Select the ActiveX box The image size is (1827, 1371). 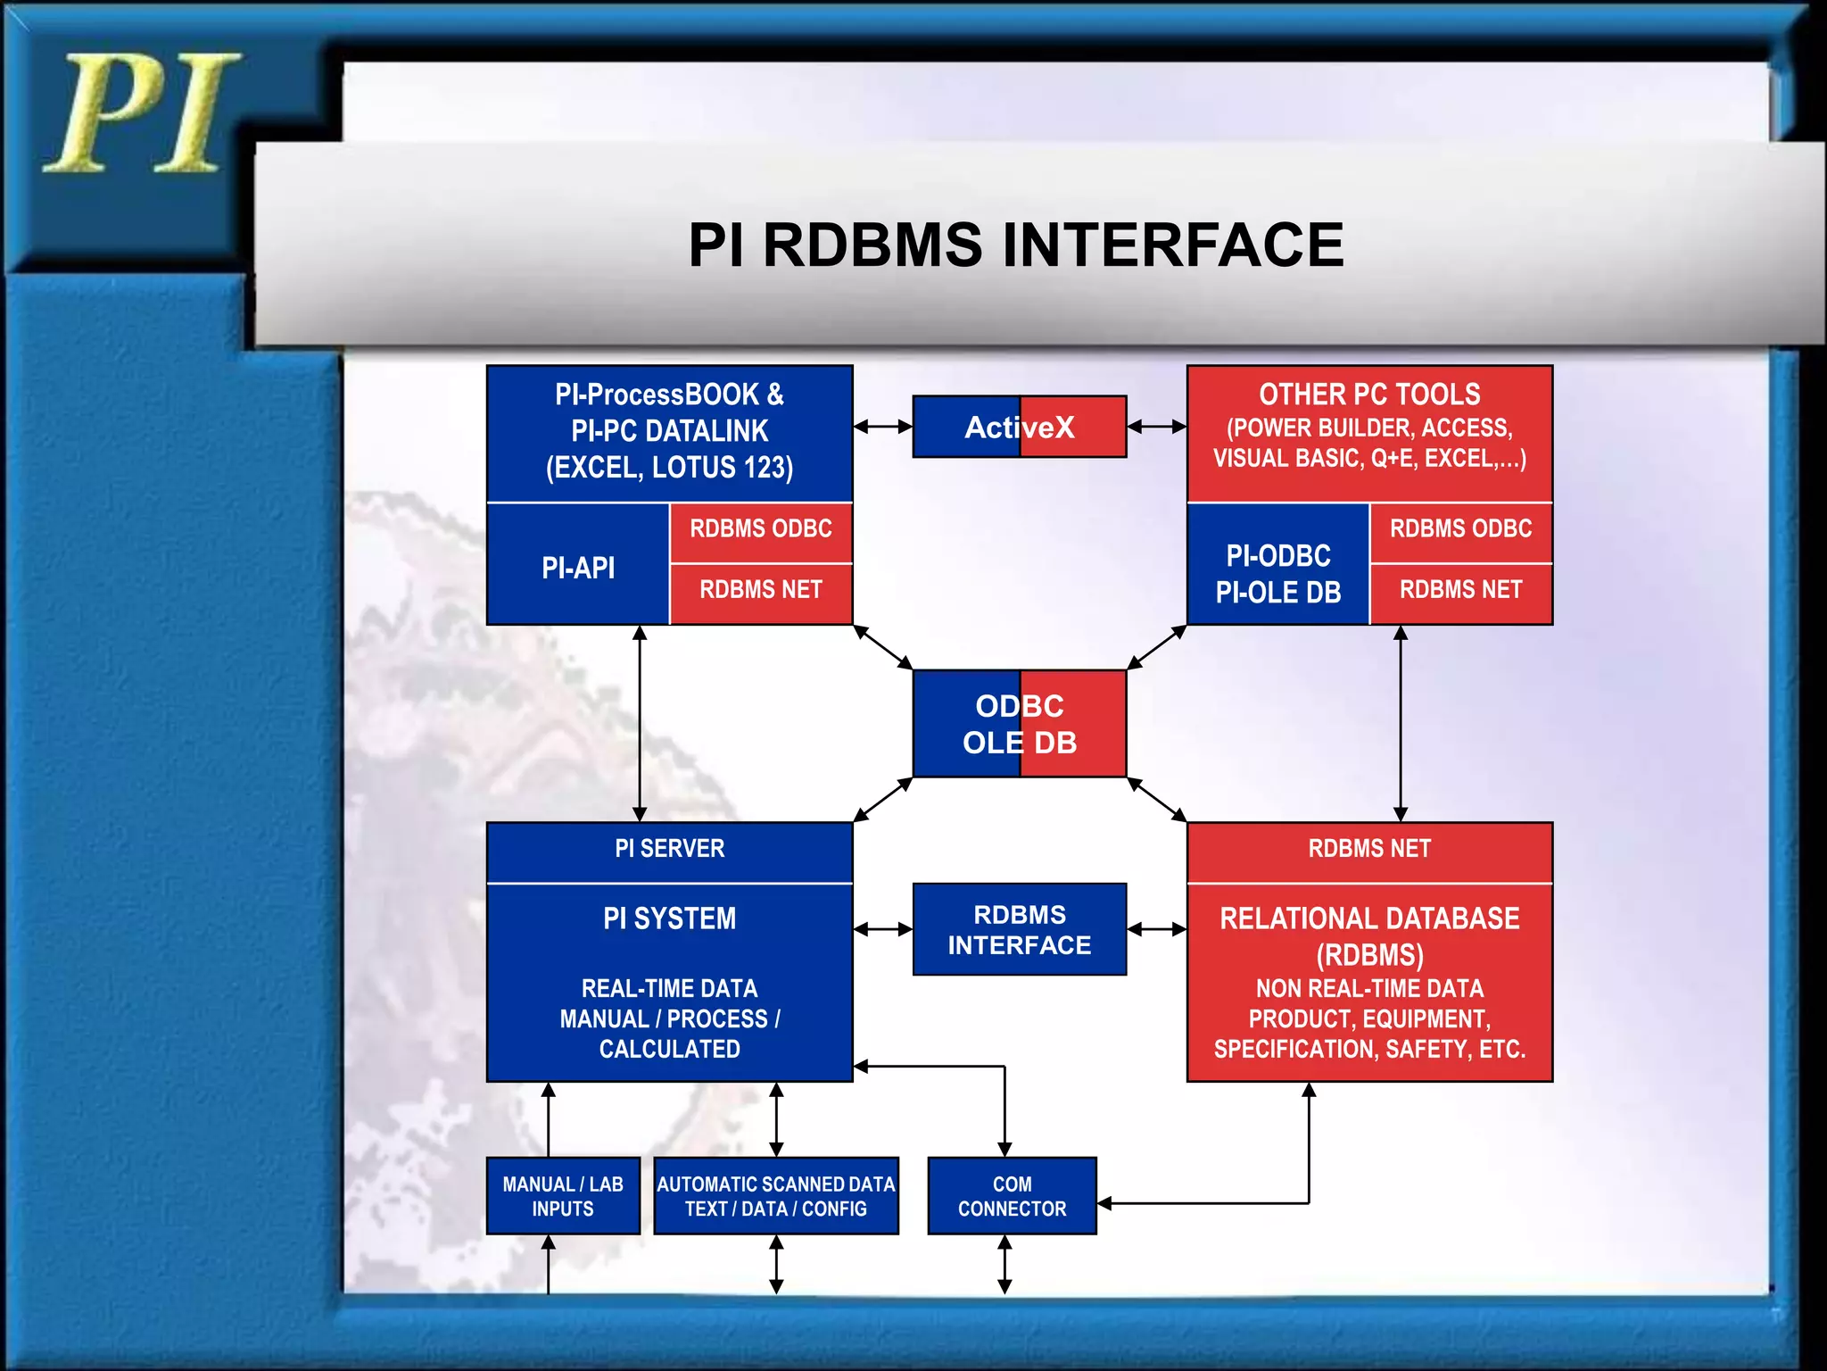[1019, 428]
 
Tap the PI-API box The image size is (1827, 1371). [578, 568]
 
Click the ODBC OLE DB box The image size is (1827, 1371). [1019, 724]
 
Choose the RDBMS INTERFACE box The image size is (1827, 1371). [1019, 930]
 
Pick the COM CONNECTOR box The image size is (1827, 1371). [1012, 1196]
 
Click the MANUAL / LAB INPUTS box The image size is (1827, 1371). [563, 1196]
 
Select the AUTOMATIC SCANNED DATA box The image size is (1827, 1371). [775, 1196]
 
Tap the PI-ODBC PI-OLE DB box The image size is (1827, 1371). [1277, 573]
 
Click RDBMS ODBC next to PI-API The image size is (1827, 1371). [760, 529]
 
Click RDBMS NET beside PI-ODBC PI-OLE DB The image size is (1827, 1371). [1460, 590]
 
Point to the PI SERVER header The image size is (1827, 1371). [669, 849]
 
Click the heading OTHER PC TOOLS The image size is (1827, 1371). [1369, 395]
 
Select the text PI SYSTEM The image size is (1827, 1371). [669, 918]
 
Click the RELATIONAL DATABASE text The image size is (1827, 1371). [1369, 918]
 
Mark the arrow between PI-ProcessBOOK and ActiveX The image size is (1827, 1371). [882, 428]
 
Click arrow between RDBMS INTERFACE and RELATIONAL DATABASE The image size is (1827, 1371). [1156, 930]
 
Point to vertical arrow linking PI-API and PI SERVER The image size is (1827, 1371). [640, 723]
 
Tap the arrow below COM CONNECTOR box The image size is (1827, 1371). [1004, 1264]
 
